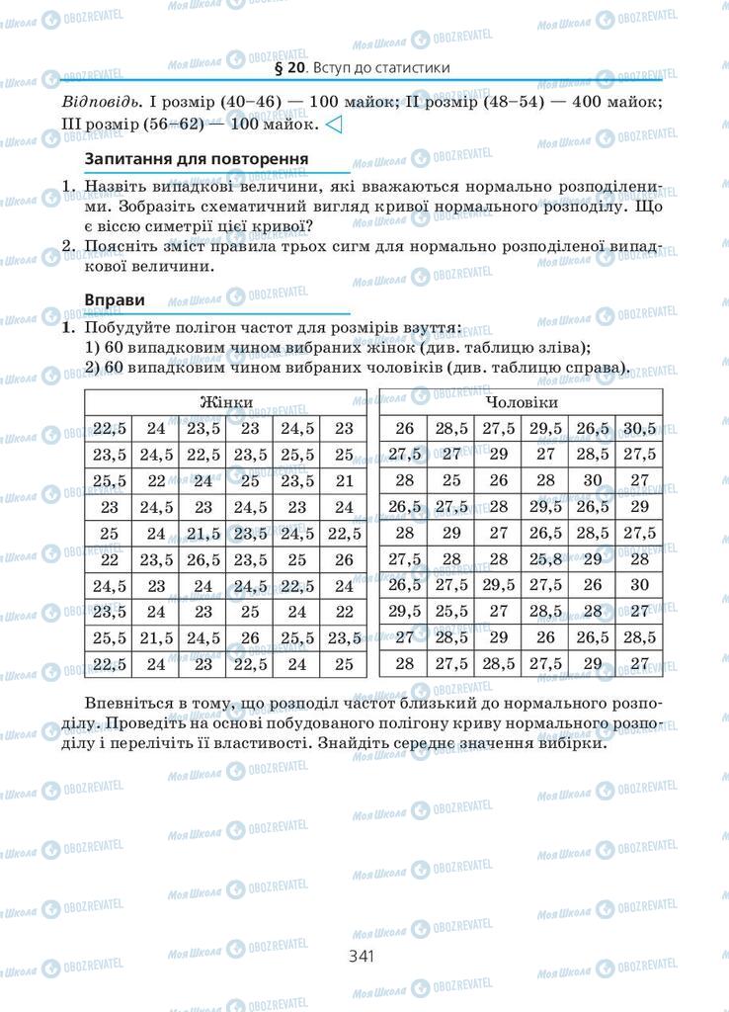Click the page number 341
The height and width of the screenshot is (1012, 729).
(x=364, y=956)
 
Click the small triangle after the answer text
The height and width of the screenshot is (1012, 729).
(x=334, y=126)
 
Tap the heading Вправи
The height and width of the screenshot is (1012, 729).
(x=116, y=298)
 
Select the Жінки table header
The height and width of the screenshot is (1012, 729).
(x=225, y=403)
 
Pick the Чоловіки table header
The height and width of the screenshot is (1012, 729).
(x=522, y=403)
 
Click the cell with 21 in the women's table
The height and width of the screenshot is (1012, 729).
(x=344, y=480)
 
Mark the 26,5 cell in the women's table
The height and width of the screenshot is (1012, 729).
(x=203, y=559)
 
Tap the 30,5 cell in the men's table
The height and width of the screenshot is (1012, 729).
(x=639, y=428)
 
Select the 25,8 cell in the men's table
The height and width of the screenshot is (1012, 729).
(x=546, y=559)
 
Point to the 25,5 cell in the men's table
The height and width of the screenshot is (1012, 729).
(x=451, y=611)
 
